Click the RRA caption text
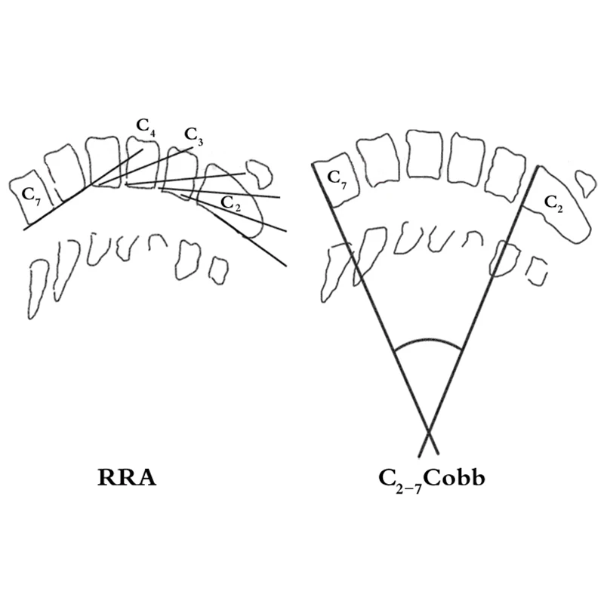127,478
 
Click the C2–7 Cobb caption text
432,480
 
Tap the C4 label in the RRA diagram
146,128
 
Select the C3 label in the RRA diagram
193,137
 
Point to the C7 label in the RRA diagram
31,196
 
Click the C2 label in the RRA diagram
231,204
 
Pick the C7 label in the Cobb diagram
337,180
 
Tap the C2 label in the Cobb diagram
553,204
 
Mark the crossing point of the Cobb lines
428,430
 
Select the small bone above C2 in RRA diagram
259,174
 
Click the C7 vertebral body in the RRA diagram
28,197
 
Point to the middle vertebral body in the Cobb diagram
425,155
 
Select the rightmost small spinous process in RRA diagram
218,271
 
